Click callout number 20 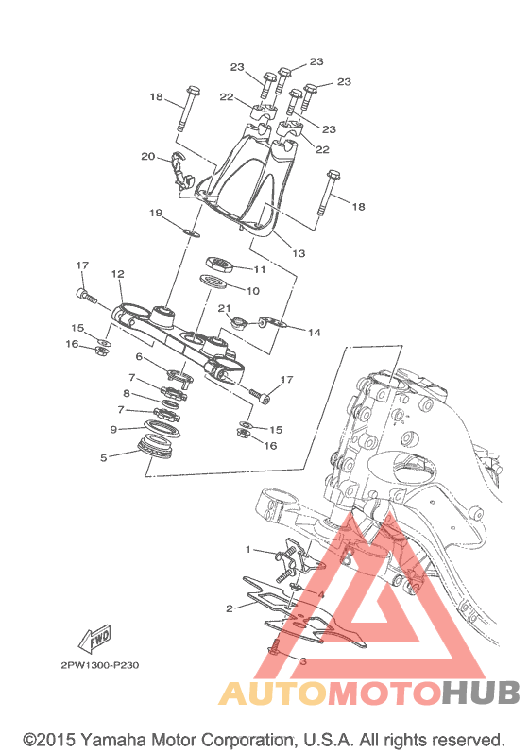coord(148,156)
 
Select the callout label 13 coord(299,253)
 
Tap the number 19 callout coord(156,213)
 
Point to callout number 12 coord(118,274)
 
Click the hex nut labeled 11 coord(220,264)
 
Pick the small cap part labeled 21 coord(238,323)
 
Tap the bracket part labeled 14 coord(272,323)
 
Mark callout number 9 coord(113,429)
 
